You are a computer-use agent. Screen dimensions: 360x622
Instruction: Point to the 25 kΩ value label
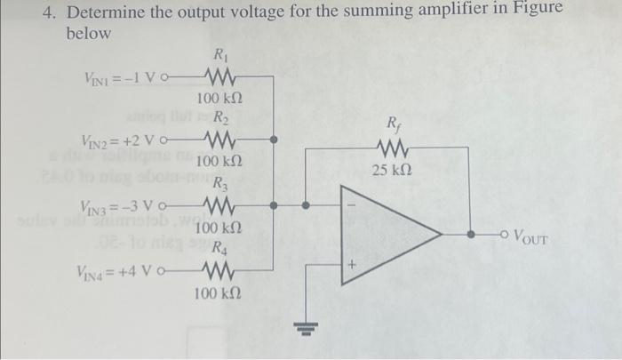pyautogui.click(x=392, y=170)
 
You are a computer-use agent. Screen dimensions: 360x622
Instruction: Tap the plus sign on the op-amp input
pyautogui.click(x=353, y=264)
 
